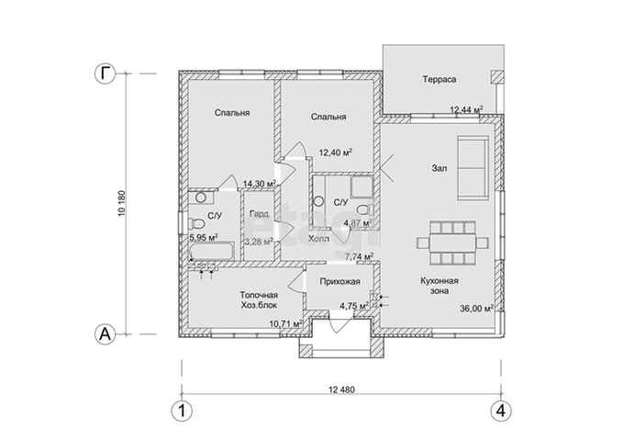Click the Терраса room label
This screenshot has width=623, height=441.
pos(439,80)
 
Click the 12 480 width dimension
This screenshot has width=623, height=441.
pos(341,390)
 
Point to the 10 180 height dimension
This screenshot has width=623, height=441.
pos(122,205)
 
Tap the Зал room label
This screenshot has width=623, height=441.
pos(439,169)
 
